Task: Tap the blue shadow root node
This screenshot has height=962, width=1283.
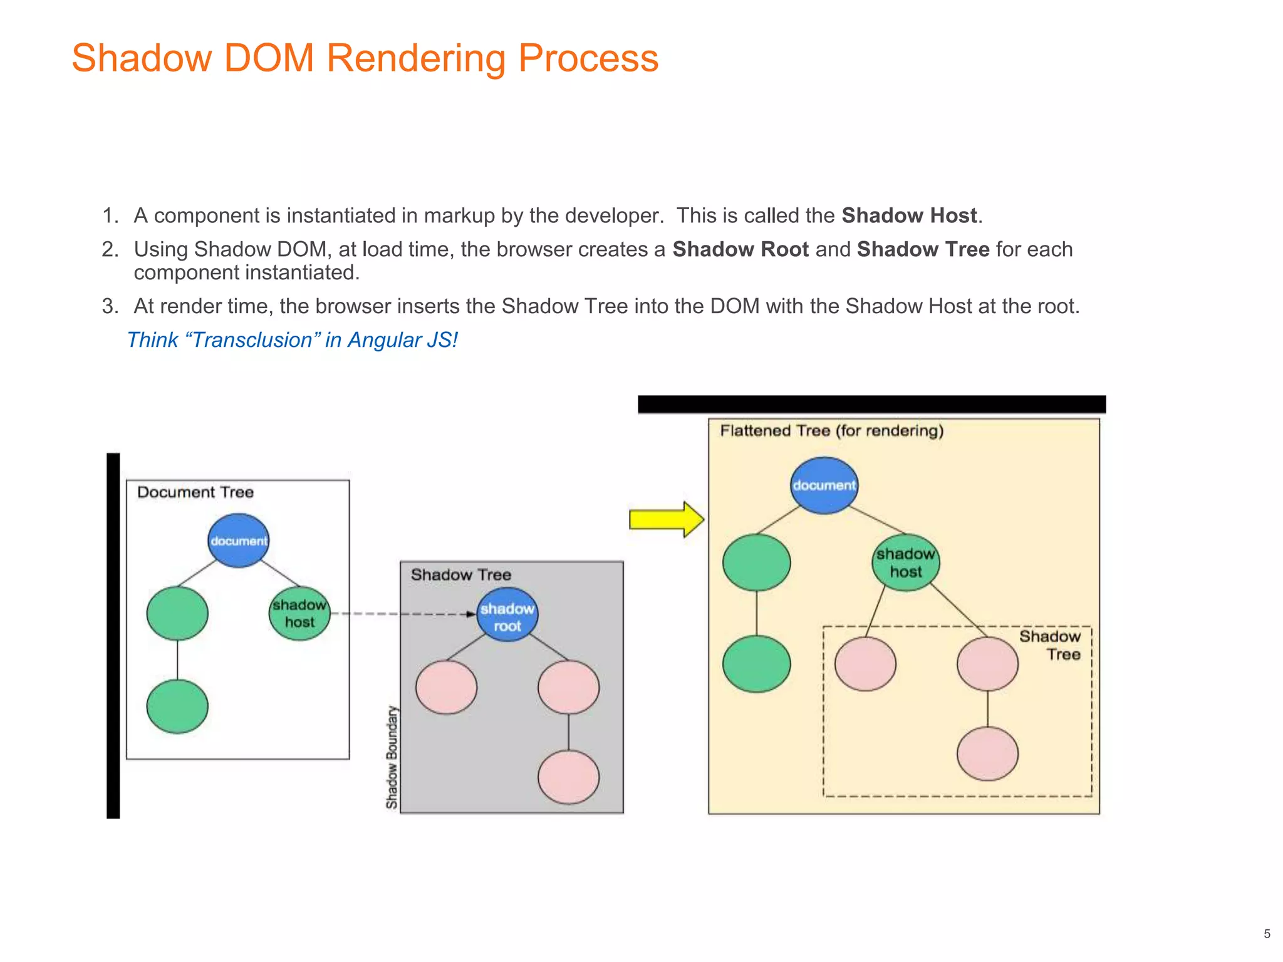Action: click(x=507, y=616)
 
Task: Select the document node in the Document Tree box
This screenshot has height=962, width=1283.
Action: click(x=238, y=540)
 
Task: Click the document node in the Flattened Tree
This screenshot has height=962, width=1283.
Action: click(x=823, y=485)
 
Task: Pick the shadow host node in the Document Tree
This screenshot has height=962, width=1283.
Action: click(x=299, y=613)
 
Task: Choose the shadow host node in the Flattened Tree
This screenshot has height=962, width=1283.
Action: click(x=905, y=562)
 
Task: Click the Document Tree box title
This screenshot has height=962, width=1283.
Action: click(x=195, y=492)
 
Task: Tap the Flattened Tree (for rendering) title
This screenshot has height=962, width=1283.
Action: click(x=831, y=431)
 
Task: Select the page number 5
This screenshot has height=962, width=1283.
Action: click(x=1267, y=934)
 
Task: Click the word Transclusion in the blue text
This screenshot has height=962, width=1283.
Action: click(x=252, y=340)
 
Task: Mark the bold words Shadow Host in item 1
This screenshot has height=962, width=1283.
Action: click(x=908, y=215)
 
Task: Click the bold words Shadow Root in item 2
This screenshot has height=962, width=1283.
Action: click(x=740, y=249)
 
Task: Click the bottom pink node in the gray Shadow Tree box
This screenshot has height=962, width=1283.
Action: click(x=568, y=777)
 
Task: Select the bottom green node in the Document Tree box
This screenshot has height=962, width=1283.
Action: click(x=177, y=706)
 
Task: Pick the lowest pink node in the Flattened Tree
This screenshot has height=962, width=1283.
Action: click(x=987, y=753)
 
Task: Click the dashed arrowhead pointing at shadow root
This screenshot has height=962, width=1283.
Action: click(x=471, y=614)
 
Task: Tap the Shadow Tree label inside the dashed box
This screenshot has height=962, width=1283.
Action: click(x=1050, y=645)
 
